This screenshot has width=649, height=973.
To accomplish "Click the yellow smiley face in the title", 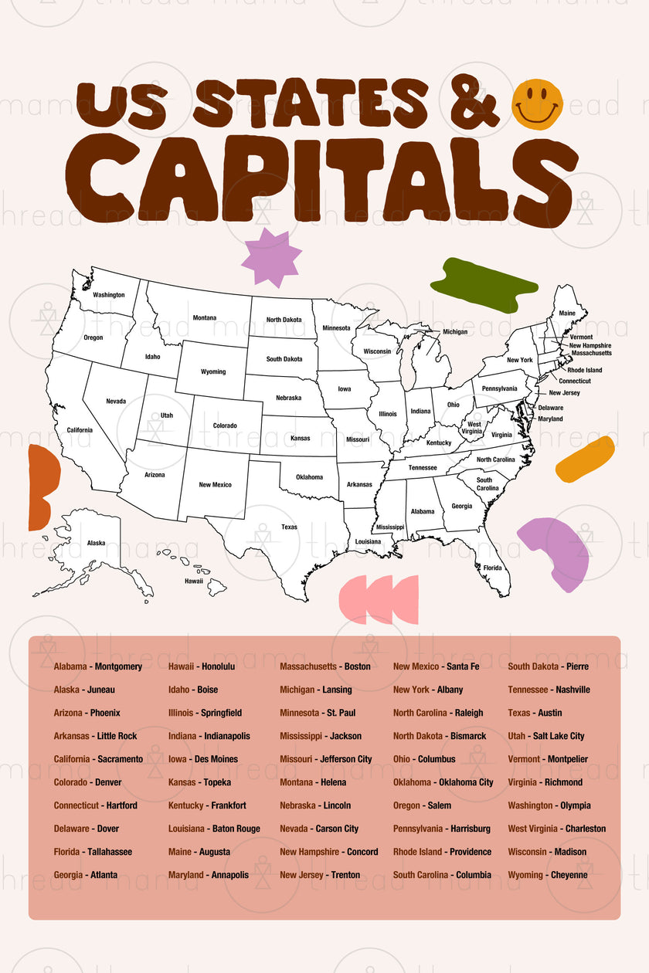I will [x=537, y=104].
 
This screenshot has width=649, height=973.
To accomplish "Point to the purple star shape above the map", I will [x=271, y=257].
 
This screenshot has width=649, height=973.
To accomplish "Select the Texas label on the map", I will [x=289, y=527].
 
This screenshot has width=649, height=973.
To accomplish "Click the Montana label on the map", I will [x=205, y=317].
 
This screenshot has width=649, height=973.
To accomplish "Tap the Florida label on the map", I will [x=492, y=568].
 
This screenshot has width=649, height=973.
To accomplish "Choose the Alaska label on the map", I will [x=96, y=543].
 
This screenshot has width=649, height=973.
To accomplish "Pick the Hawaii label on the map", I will [x=193, y=581].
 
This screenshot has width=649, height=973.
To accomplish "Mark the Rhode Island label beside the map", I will [x=584, y=370].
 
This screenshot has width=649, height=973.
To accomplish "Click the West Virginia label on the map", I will [x=474, y=428].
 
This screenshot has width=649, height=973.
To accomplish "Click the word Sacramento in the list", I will [x=120, y=759].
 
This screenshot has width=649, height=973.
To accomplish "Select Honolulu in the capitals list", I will [x=218, y=666].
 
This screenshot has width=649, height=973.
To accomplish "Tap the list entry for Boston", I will [x=357, y=666].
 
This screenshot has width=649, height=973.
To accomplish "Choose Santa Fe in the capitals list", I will [x=463, y=666].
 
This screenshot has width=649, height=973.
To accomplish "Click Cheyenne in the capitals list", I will [x=569, y=875].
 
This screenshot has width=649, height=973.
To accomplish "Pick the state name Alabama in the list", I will [x=70, y=666].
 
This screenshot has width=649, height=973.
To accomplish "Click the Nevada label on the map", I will [x=116, y=402].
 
